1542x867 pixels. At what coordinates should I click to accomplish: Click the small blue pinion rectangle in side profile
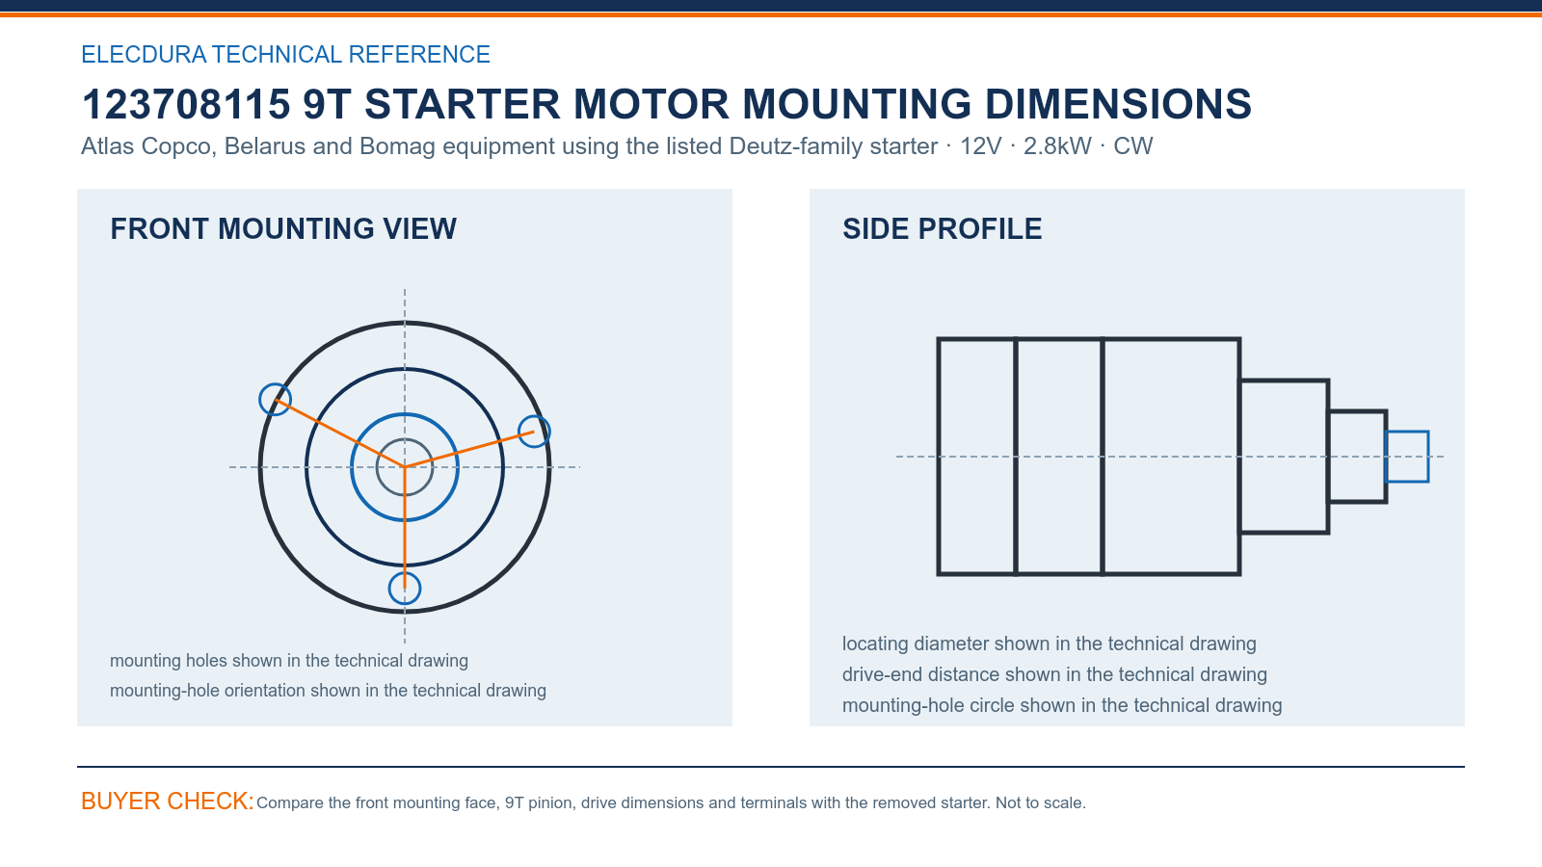pos(1406,433)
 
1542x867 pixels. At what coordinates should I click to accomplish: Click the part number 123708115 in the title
pos(186,105)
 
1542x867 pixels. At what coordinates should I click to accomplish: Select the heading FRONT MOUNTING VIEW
pos(283,229)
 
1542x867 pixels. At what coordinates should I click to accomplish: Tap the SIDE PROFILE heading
pos(942,229)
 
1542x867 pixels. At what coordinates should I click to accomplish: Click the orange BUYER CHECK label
pos(168,801)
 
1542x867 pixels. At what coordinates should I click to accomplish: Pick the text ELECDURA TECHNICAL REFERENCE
pos(285,54)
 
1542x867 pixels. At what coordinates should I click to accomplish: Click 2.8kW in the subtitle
pos(1057,145)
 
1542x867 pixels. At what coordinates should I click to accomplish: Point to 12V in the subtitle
pos(980,145)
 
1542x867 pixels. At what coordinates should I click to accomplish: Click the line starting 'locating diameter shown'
pos(1050,644)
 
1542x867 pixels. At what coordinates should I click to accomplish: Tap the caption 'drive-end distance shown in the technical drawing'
pos(1054,674)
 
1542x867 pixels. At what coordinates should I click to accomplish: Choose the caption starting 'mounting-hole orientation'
pos(328,690)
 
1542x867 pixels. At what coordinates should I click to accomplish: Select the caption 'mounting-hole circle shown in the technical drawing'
pos(1062,705)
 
